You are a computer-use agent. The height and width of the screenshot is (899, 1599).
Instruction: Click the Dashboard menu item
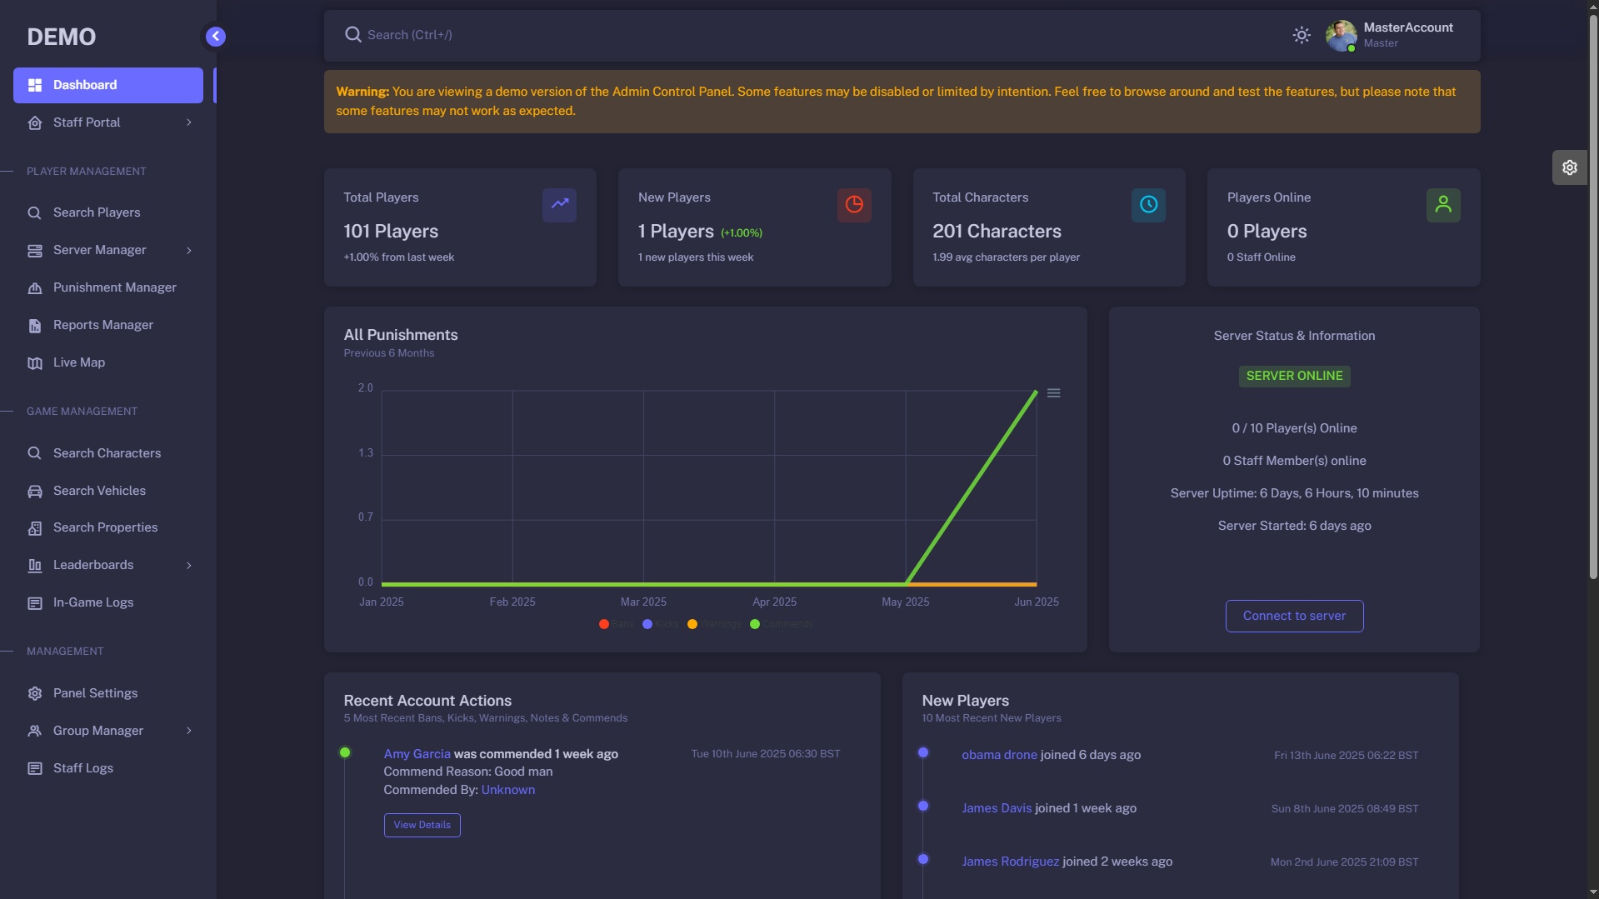click(107, 85)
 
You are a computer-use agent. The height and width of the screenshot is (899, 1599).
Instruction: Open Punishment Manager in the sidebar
click(114, 287)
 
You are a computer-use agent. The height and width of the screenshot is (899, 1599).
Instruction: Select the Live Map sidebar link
click(78, 362)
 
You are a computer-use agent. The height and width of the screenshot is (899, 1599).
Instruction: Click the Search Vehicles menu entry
click(99, 491)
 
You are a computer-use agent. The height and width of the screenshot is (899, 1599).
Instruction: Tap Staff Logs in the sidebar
click(82, 768)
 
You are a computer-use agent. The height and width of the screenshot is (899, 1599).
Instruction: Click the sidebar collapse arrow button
click(216, 36)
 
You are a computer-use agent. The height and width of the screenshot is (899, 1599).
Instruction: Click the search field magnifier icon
click(353, 35)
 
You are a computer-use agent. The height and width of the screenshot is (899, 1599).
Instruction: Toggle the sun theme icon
click(1302, 35)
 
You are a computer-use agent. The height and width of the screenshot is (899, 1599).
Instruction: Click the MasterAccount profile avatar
click(1341, 35)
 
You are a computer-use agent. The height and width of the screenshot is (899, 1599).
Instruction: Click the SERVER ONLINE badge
click(1294, 376)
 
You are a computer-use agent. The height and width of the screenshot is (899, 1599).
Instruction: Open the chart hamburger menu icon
click(1053, 393)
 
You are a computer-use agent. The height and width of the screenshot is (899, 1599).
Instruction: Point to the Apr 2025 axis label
click(774, 602)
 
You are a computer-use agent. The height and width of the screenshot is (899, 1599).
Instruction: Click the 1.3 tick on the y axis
click(366, 452)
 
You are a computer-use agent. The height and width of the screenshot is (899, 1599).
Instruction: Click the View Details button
click(422, 825)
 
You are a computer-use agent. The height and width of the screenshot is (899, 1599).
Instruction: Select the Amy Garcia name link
click(417, 754)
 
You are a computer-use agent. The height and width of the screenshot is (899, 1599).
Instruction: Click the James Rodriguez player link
click(1010, 862)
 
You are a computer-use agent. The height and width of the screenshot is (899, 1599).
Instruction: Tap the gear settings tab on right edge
click(1569, 167)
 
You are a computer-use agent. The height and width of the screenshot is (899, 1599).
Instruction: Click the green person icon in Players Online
click(1443, 204)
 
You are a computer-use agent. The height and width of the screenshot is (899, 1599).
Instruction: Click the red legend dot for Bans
click(604, 624)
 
